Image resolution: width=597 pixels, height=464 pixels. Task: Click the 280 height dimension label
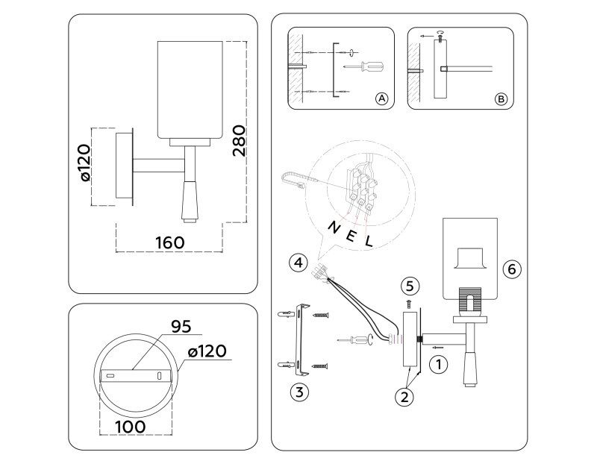click(x=240, y=141)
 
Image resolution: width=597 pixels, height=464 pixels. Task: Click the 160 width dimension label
click(x=170, y=243)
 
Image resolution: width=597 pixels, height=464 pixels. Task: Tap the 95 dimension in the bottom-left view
click(x=181, y=326)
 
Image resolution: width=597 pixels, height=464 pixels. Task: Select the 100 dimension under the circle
click(x=130, y=427)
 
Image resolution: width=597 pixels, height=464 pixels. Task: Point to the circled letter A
click(x=381, y=99)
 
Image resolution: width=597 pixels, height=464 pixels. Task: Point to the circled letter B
click(x=501, y=99)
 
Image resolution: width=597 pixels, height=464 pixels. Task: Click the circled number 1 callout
click(x=439, y=365)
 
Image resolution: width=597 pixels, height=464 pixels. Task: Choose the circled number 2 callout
click(x=404, y=398)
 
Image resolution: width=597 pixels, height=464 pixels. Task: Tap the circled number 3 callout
click(x=299, y=392)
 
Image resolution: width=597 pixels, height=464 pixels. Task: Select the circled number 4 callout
click(x=298, y=263)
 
